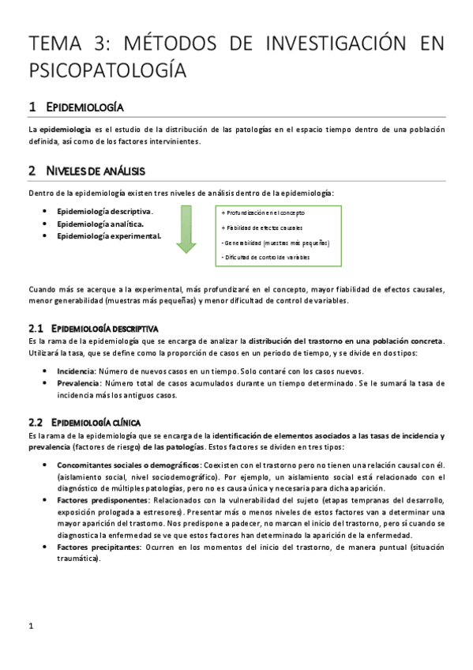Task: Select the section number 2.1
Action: pyautogui.click(x=35, y=327)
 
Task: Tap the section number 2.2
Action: pyautogui.click(x=35, y=422)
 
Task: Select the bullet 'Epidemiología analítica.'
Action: pyautogui.click(x=99, y=224)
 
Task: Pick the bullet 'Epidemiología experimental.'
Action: pyautogui.click(x=109, y=235)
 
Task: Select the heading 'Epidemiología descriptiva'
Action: pyautogui.click(x=104, y=327)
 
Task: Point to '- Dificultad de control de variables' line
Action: pyautogui.click(x=265, y=258)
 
